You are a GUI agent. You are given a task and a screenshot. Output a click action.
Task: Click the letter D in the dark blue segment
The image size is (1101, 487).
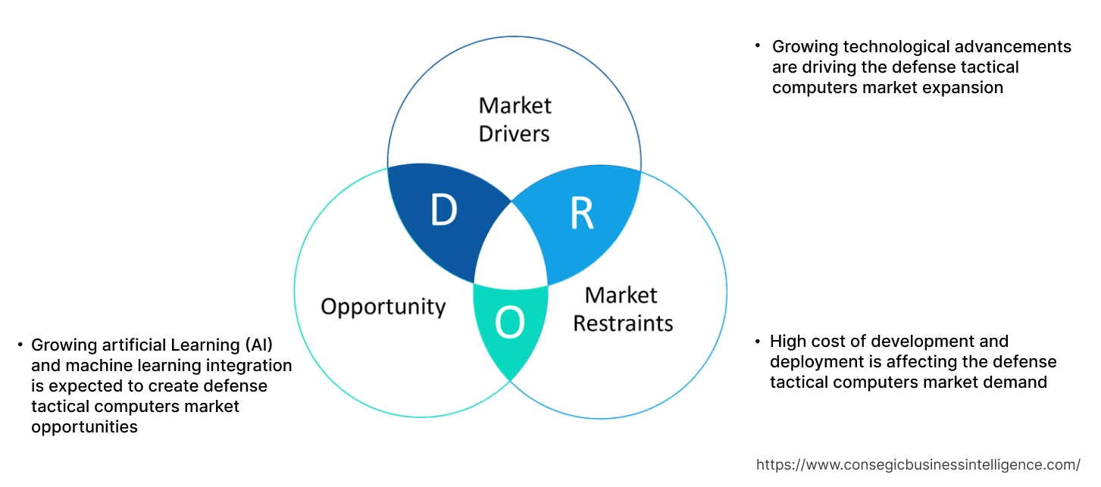click(443, 211)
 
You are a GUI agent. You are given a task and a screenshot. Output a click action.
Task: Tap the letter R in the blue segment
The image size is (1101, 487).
click(581, 214)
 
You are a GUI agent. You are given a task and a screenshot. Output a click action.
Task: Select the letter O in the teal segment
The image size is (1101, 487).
click(509, 323)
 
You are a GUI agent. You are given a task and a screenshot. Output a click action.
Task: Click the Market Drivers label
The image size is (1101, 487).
click(515, 119)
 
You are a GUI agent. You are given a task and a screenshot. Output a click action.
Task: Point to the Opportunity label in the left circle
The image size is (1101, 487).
click(383, 307)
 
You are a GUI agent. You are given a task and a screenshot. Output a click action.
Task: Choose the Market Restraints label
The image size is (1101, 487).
click(622, 309)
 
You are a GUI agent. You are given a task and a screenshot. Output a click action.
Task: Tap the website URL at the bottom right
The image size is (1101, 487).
click(918, 464)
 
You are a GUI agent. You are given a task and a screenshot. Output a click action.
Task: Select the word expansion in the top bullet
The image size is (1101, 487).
click(965, 87)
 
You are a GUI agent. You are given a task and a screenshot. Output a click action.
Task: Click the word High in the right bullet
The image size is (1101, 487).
click(788, 342)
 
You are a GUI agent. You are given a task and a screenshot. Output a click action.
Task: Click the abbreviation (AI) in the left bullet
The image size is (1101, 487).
click(258, 345)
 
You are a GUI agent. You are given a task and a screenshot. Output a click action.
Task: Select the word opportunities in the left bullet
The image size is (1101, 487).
click(84, 427)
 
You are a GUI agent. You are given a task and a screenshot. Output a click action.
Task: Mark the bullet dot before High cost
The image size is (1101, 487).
click(758, 342)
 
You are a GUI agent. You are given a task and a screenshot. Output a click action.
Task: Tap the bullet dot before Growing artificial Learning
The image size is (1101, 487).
click(20, 345)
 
